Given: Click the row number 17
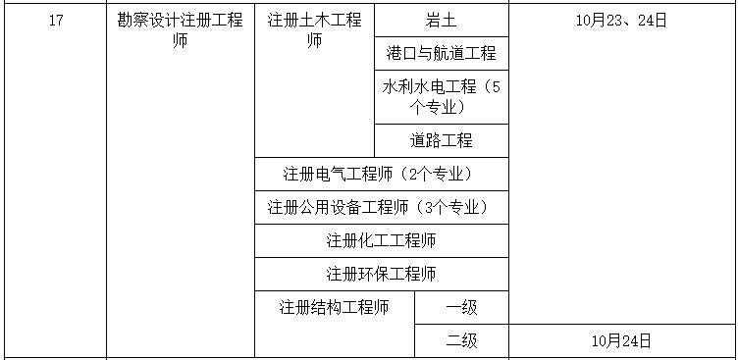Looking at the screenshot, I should [55, 21].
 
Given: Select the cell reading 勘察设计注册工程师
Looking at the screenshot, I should [180, 30].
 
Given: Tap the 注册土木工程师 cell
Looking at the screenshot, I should [314, 30].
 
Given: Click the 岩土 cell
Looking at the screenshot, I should [441, 21].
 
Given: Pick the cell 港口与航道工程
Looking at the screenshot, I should [441, 53].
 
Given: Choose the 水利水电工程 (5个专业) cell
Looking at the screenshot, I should [441, 96].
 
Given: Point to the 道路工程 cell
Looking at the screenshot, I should [441, 140].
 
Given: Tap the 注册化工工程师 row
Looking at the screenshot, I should [381, 240].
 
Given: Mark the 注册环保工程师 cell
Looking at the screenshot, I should [381, 274].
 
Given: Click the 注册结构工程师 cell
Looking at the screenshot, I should [334, 307].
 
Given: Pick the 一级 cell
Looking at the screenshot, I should [461, 307].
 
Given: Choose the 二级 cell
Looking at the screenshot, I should [461, 340].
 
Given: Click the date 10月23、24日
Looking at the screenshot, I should [621, 21].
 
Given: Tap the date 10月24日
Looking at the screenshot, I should [621, 340].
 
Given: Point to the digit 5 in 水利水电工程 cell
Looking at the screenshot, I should [496, 86].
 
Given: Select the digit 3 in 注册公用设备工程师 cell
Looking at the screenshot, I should [424, 208].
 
